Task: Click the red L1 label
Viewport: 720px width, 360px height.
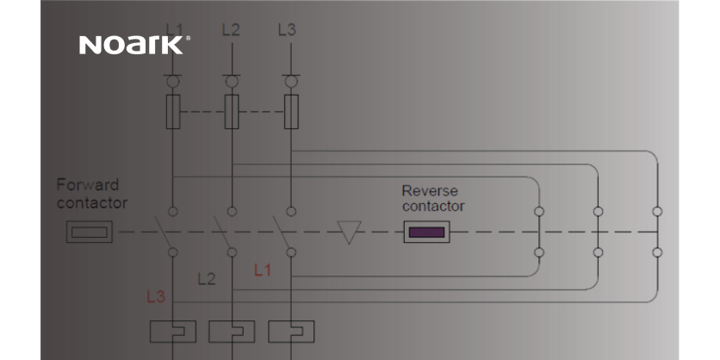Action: point(263,270)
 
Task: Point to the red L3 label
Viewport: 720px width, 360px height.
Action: point(156,297)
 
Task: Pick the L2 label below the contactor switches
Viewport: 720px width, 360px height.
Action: point(207,279)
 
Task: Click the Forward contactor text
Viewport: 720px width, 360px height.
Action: point(91,195)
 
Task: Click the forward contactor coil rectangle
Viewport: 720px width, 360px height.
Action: point(90,231)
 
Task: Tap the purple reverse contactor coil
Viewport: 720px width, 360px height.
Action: point(426,232)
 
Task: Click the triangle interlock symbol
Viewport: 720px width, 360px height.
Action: point(349,232)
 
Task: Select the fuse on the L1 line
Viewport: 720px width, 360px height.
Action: point(173,109)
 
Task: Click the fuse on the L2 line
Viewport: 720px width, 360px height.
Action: point(231,109)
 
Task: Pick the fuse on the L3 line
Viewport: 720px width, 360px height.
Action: point(291,109)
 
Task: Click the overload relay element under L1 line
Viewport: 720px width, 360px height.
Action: point(173,332)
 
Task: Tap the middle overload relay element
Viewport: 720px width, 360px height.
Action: point(232,332)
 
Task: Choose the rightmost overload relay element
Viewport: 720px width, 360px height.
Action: point(291,332)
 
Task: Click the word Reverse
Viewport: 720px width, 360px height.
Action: point(430,190)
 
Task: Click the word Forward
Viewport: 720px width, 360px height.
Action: point(88,185)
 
